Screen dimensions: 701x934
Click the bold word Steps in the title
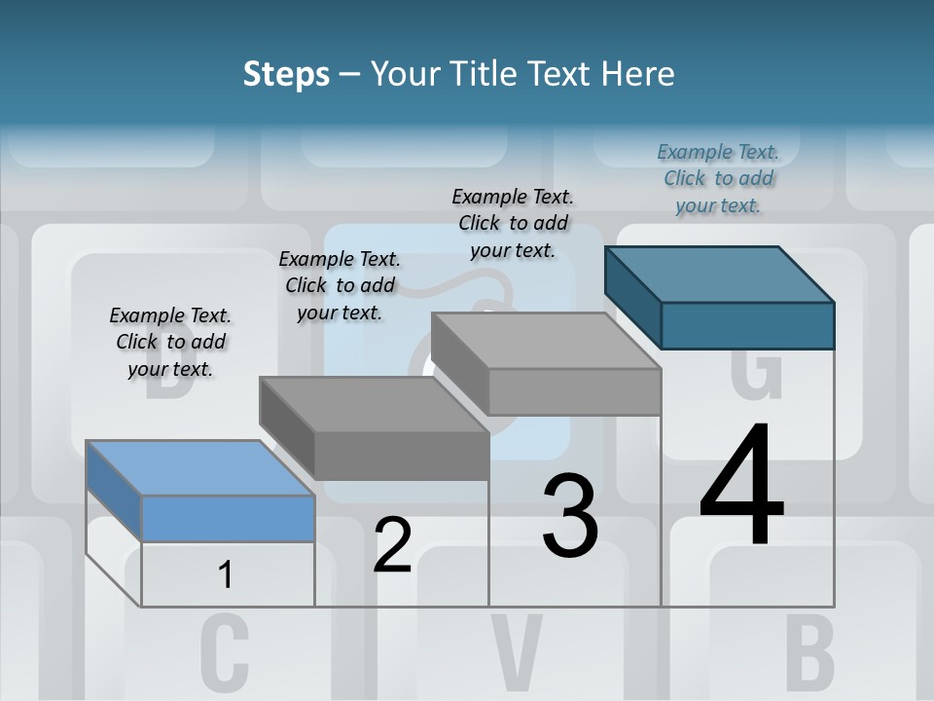[x=286, y=74]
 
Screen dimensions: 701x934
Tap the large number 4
[x=741, y=487]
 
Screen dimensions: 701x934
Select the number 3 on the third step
[x=570, y=516]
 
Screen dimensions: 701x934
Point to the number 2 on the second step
[x=393, y=545]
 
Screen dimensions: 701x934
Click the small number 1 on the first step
[x=226, y=575]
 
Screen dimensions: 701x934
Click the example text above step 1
[x=170, y=342]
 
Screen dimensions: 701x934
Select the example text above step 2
[x=340, y=285]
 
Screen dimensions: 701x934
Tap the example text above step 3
[x=513, y=223]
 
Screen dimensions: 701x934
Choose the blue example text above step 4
[x=718, y=178]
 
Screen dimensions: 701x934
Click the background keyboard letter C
[x=225, y=652]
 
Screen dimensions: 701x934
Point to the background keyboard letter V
[x=516, y=652]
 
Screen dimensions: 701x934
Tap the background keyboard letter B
[x=809, y=652]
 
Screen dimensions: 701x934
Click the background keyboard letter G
[x=755, y=375]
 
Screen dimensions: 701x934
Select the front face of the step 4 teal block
[x=747, y=325]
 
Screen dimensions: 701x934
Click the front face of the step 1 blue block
[x=228, y=518]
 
